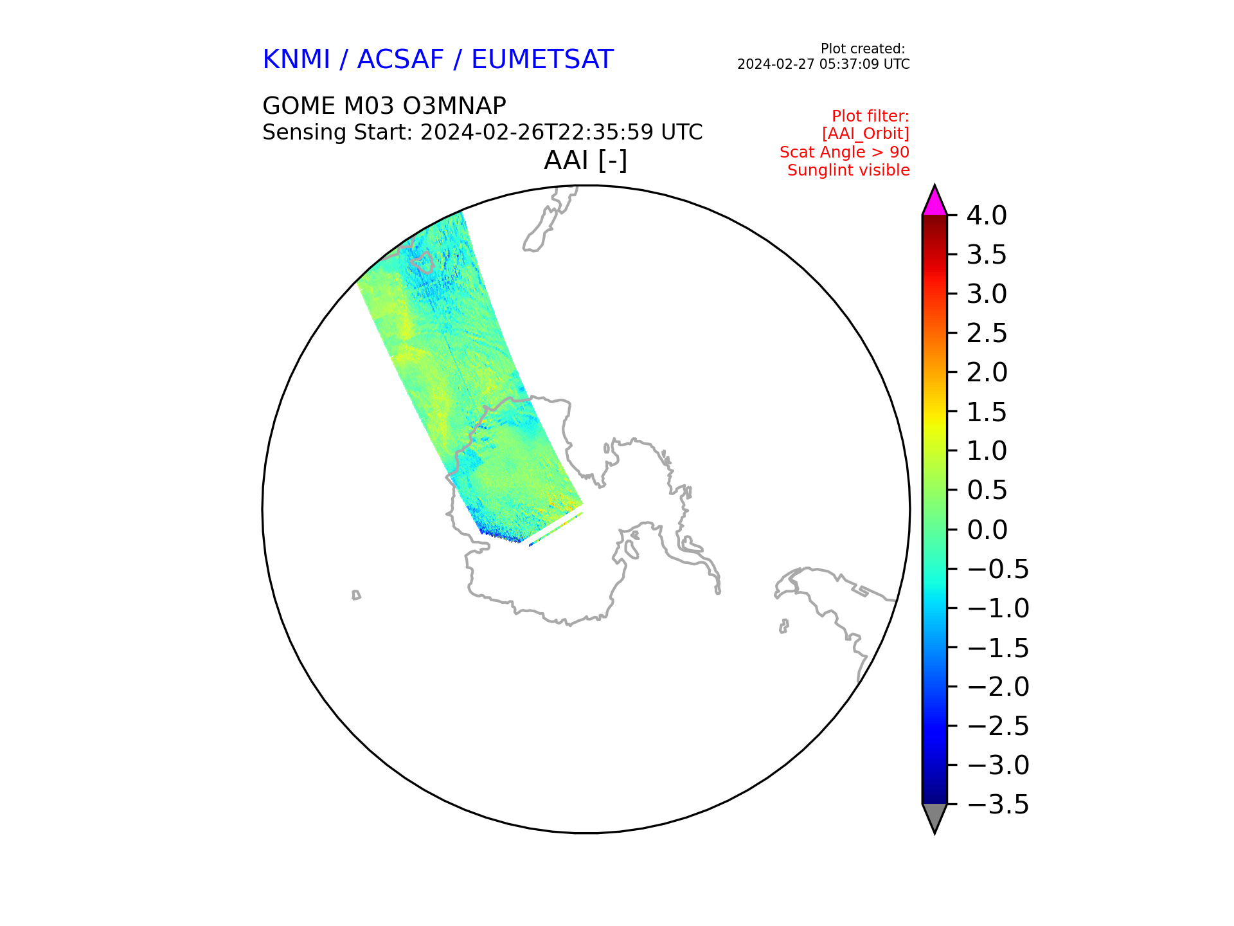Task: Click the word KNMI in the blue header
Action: click(x=296, y=60)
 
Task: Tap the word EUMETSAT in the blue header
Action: click(x=542, y=60)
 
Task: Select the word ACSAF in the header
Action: click(x=400, y=60)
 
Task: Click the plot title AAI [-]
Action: click(x=586, y=160)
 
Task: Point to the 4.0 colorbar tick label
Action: click(x=987, y=215)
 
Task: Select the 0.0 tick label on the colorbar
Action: click(x=987, y=530)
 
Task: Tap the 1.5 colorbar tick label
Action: click(x=987, y=412)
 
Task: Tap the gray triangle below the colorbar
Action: click(x=934, y=816)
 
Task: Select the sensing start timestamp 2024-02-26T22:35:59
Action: click(x=537, y=132)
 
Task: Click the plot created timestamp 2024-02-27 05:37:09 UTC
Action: click(x=823, y=64)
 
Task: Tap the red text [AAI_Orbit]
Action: click(x=865, y=134)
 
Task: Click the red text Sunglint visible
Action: click(x=848, y=170)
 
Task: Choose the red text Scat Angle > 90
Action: click(x=845, y=152)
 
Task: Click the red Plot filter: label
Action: click(x=870, y=116)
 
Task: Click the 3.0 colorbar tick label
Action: click(x=987, y=295)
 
